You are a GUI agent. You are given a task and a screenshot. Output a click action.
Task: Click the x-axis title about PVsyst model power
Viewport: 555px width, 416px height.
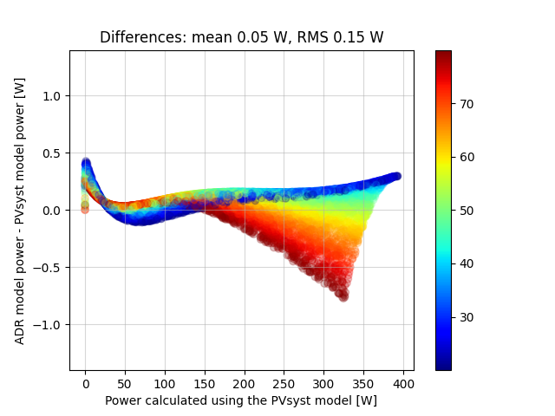pyautogui.click(x=241, y=400)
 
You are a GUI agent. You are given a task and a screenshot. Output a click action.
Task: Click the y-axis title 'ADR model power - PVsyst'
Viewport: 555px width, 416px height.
pyautogui.click(x=20, y=210)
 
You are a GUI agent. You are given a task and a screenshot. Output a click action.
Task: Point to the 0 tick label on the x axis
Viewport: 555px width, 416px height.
pyautogui.click(x=85, y=382)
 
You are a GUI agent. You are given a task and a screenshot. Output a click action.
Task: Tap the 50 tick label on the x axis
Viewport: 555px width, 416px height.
pyautogui.click(x=125, y=382)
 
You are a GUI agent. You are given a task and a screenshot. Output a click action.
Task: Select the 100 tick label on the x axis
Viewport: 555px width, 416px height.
pyautogui.click(x=165, y=382)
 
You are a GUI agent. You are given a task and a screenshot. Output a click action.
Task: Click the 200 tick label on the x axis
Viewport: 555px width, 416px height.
pyautogui.click(x=245, y=382)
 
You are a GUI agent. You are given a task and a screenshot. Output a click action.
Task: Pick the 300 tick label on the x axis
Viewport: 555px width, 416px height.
pyautogui.click(x=323, y=382)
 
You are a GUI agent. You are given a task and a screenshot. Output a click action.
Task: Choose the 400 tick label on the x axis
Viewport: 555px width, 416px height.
pyautogui.click(x=403, y=382)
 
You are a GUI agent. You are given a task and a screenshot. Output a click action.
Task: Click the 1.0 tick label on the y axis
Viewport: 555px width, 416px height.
pyautogui.click(x=53, y=96)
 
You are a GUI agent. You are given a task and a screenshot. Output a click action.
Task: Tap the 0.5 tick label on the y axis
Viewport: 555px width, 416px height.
pyautogui.click(x=53, y=153)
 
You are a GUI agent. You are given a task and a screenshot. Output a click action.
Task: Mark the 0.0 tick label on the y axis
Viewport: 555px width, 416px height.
pyautogui.click(x=53, y=211)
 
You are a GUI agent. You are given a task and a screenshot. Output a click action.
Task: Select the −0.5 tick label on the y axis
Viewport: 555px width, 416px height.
pyautogui.click(x=49, y=268)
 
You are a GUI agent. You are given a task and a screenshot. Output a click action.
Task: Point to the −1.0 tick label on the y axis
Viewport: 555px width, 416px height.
pyautogui.click(x=49, y=325)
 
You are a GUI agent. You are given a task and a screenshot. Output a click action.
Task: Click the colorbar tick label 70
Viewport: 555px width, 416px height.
pyautogui.click(x=466, y=104)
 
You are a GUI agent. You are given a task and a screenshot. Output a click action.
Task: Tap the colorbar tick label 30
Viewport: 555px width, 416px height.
pyautogui.click(x=466, y=317)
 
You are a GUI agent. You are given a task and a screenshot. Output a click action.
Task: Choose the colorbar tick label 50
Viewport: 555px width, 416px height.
pyautogui.click(x=466, y=211)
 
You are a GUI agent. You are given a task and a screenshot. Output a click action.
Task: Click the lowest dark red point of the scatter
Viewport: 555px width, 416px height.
pyautogui.click(x=343, y=296)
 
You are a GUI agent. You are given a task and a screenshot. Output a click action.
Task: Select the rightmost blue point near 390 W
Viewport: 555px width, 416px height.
pyautogui.click(x=396, y=176)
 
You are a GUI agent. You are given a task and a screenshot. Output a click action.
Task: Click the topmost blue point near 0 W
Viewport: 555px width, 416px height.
pyautogui.click(x=86, y=161)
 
